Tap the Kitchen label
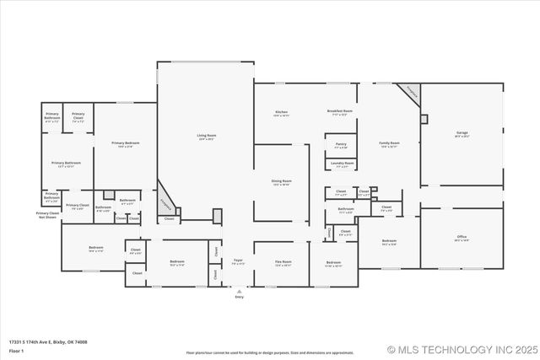[281, 112]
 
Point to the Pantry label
[340, 145]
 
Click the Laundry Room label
[342, 164]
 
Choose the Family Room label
[389, 144]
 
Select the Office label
[462, 239]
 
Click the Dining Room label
[281, 182]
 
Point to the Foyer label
[238, 261]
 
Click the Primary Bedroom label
[125, 144]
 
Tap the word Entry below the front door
[239, 297]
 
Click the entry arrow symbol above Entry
[239, 290]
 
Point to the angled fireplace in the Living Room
[166, 202]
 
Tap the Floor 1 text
[16, 350]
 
